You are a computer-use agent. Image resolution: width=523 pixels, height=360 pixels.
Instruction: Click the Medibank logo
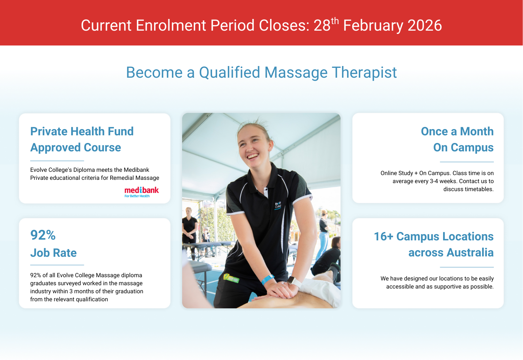[x=142, y=192]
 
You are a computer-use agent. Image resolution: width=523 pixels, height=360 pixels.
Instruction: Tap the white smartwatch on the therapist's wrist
[x=294, y=282]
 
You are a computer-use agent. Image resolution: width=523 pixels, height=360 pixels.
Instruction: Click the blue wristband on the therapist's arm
[x=268, y=279]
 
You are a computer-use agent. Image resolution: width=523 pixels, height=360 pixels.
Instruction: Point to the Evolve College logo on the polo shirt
[x=278, y=205]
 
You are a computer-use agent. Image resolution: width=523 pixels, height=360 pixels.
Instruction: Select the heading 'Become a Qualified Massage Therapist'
[x=261, y=72]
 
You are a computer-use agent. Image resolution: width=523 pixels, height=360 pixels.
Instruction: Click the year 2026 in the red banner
[x=425, y=25]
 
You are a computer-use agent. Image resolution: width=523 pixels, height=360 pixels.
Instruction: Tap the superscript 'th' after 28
[x=335, y=21]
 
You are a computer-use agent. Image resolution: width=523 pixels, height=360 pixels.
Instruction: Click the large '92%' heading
[x=43, y=235]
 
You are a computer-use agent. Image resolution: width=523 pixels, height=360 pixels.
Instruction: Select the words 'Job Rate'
[x=53, y=253]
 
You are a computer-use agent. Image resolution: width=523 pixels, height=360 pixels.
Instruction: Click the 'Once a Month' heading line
[x=457, y=131]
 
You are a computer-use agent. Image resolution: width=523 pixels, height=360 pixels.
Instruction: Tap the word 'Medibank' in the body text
[x=136, y=170]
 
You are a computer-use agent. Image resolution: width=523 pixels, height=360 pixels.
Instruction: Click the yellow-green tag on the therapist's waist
[x=231, y=278]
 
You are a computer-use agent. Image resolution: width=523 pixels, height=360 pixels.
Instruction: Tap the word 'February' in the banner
[x=373, y=25]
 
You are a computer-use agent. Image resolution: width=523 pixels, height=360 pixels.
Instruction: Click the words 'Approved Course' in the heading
[x=76, y=147]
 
